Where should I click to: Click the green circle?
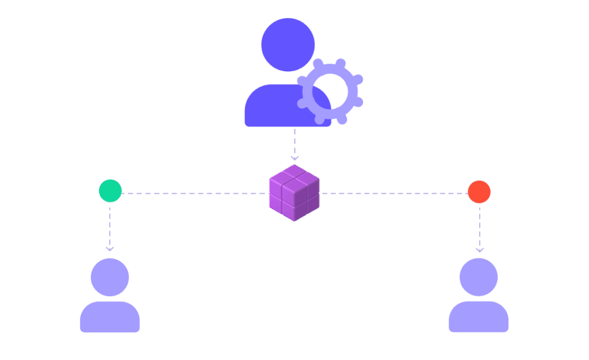pyautogui.click(x=110, y=191)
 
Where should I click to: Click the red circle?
pyautogui.click(x=479, y=192)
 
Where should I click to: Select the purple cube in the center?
pyautogui.click(x=294, y=193)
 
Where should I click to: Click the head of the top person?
pyautogui.click(x=288, y=45)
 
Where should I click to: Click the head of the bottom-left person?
pyautogui.click(x=110, y=277)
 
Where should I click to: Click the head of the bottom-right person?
pyautogui.click(x=479, y=277)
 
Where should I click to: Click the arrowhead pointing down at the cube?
pyautogui.click(x=294, y=158)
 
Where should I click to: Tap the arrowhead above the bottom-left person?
pyautogui.click(x=110, y=249)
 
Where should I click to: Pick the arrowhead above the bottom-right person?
pyautogui.click(x=480, y=250)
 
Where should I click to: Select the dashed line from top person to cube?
pyautogui.click(x=294, y=141)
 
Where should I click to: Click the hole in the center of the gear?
pyautogui.click(x=330, y=91)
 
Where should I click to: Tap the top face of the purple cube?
pyautogui.click(x=294, y=175)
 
